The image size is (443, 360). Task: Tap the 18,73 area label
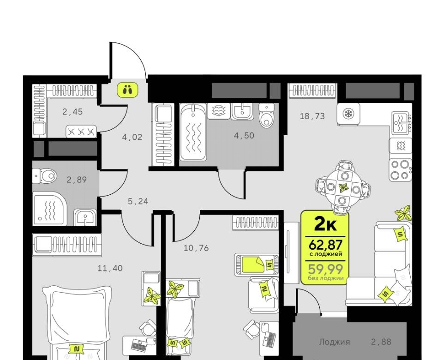[x=312, y=116]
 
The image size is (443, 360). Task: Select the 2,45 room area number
[x=72, y=112]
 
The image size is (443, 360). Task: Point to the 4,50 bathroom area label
[x=244, y=136]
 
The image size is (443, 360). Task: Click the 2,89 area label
[x=77, y=180]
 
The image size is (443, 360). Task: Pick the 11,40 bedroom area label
[x=110, y=268]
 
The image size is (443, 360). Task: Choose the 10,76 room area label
[x=197, y=248]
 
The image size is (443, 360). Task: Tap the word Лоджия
[x=335, y=342]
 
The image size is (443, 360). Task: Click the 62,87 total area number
[x=325, y=244]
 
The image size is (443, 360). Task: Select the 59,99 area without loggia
[x=325, y=269]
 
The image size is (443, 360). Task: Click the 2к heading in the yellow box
[x=325, y=224]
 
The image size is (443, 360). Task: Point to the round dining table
[x=343, y=187]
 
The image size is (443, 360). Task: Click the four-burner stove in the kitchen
[x=401, y=170]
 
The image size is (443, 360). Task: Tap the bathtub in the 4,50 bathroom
[x=193, y=132]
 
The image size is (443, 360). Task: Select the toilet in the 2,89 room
[x=44, y=176]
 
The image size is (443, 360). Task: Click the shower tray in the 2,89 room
[x=50, y=209]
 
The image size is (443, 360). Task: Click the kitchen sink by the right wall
[x=401, y=124]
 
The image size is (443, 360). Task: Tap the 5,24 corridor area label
[x=138, y=202]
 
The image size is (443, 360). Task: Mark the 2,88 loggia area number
[x=381, y=342]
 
